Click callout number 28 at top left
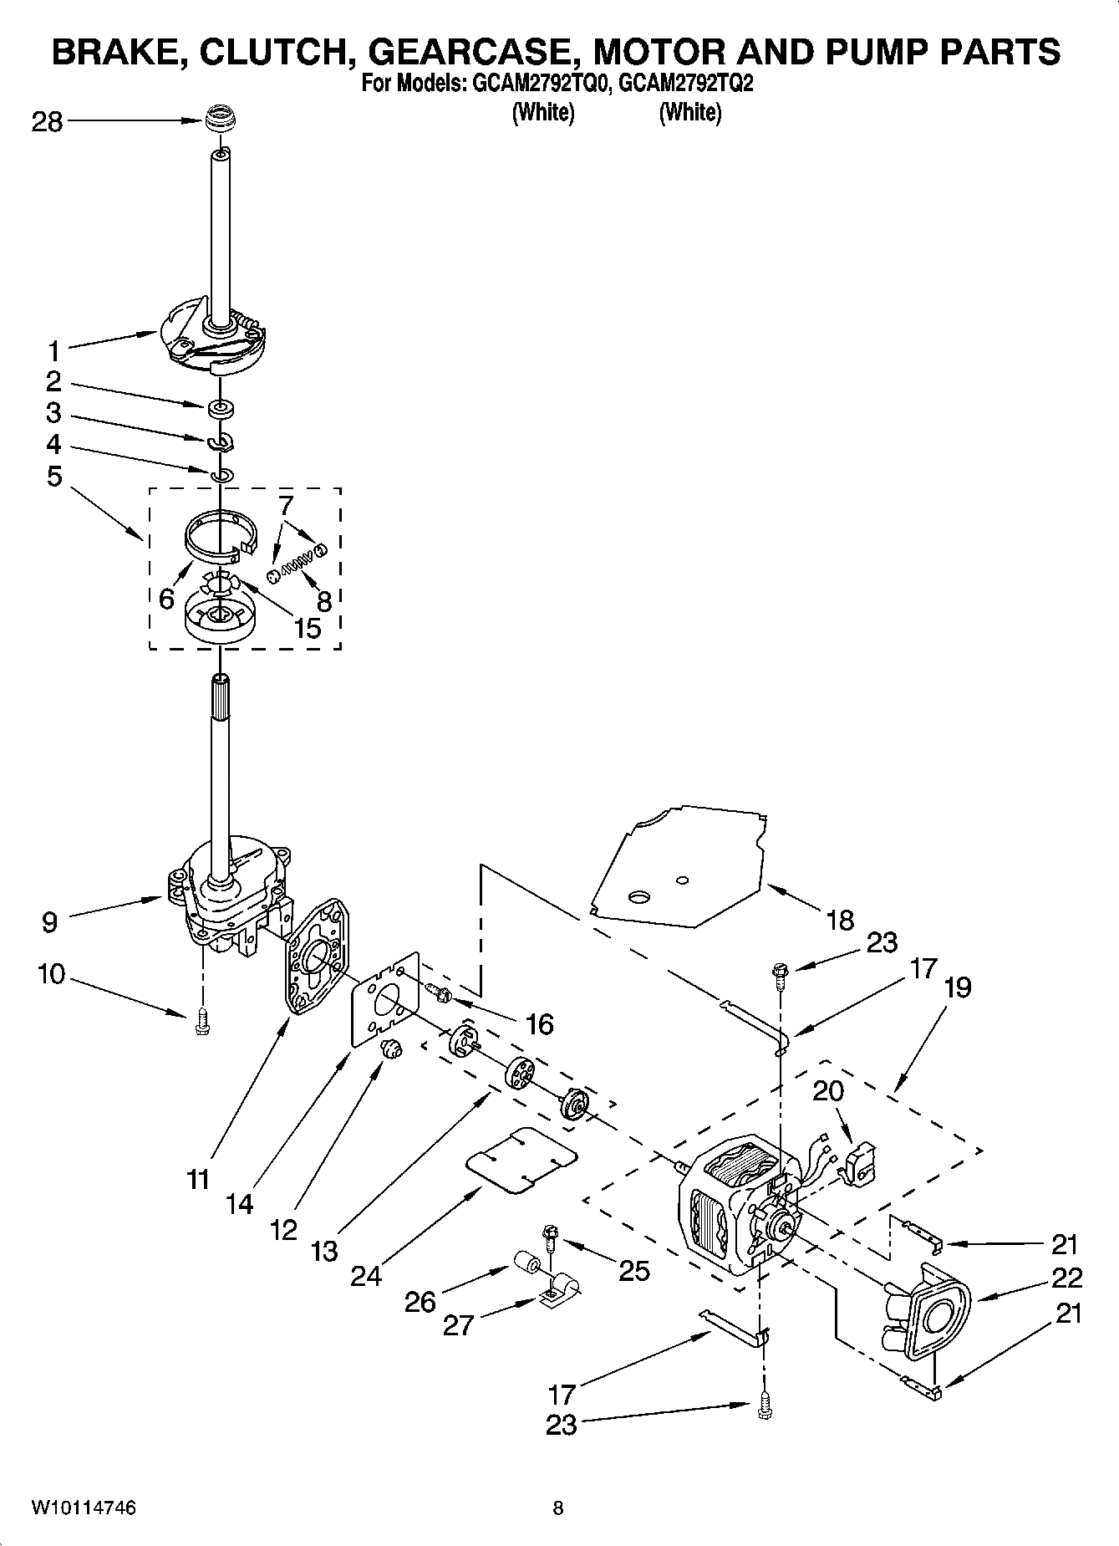click(x=48, y=122)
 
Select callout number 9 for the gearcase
click(x=49, y=922)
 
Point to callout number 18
click(x=840, y=920)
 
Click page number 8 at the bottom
click(x=558, y=1508)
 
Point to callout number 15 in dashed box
click(x=308, y=628)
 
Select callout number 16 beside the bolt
click(x=541, y=1023)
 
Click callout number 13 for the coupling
click(x=324, y=1251)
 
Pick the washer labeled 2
click(x=221, y=408)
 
